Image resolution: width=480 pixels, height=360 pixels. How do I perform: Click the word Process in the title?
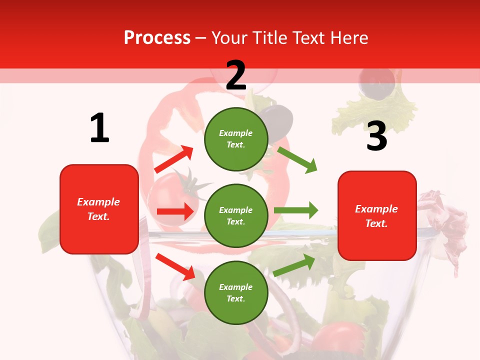click(157, 38)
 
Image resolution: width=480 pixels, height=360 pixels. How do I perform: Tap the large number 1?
click(99, 128)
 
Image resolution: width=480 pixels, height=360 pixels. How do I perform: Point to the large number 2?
click(236, 75)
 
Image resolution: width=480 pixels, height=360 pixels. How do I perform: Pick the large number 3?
click(376, 136)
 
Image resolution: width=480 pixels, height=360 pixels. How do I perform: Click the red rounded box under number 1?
click(99, 209)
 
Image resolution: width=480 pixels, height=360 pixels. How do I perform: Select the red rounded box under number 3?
click(377, 216)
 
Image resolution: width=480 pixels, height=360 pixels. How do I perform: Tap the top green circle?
click(236, 139)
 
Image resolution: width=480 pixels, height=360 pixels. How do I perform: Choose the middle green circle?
click(236, 215)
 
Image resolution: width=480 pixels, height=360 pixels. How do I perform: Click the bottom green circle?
click(236, 292)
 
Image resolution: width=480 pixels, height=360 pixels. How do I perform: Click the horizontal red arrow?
click(175, 211)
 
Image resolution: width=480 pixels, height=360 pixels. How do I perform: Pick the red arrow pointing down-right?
click(175, 266)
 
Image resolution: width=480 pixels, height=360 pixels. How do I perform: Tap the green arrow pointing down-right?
click(297, 159)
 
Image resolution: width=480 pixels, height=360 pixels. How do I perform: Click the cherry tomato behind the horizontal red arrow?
click(167, 195)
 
